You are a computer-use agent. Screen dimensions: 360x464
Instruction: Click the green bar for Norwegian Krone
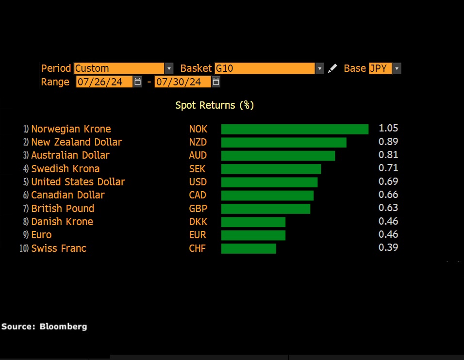pos(295,129)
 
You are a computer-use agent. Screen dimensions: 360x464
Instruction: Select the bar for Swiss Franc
pos(249,248)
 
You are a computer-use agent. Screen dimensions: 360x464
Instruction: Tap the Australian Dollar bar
pos(278,156)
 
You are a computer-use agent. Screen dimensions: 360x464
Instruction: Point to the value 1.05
pos(388,129)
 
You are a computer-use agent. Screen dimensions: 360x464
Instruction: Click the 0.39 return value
pos(388,247)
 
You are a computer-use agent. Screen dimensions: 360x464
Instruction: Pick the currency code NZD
pos(198,142)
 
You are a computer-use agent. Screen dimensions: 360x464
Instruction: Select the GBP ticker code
pos(198,209)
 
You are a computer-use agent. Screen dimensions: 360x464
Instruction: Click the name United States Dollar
pos(78,182)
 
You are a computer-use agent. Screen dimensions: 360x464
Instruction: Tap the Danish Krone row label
pos(62,222)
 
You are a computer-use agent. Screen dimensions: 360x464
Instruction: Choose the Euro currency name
pos(41,235)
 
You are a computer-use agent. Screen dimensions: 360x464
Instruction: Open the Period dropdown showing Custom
pos(123,68)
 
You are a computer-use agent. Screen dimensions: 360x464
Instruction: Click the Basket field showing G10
pos(268,68)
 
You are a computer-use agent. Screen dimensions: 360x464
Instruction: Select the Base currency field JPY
pos(384,68)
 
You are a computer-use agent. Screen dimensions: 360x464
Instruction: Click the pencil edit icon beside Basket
pos(332,68)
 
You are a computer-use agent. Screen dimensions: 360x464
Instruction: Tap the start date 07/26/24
pos(104,82)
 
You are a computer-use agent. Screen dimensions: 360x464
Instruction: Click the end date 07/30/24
pos(182,82)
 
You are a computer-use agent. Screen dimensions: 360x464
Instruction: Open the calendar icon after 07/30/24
pos(216,82)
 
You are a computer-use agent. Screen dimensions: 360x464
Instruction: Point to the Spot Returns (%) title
pos(215,105)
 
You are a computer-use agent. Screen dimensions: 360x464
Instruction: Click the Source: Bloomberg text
pos(44,327)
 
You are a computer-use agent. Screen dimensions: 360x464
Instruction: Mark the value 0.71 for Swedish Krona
pos(388,168)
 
